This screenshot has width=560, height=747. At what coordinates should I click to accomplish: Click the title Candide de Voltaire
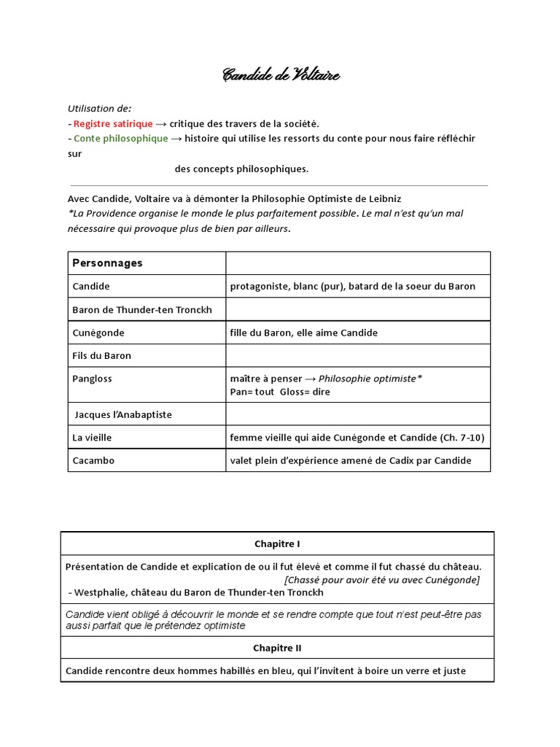281,75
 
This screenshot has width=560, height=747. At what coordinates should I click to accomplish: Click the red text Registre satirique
113,123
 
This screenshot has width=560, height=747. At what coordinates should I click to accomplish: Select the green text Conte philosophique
120,139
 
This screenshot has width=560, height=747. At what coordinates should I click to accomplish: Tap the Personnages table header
107,263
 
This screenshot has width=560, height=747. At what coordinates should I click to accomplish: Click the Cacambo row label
93,460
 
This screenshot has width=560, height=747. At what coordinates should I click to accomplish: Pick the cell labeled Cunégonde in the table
98,333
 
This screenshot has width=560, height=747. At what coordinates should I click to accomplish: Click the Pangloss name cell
93,379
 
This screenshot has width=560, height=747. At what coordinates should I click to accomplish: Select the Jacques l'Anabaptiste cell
124,414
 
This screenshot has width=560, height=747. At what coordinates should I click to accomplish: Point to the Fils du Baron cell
102,356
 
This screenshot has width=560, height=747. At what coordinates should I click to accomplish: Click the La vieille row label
92,437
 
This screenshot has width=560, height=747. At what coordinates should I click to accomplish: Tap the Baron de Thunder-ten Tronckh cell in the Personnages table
142,310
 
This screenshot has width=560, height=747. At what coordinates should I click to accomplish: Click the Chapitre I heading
277,543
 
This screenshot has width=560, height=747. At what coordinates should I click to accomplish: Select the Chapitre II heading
277,648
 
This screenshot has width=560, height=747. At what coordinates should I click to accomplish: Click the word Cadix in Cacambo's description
397,460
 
